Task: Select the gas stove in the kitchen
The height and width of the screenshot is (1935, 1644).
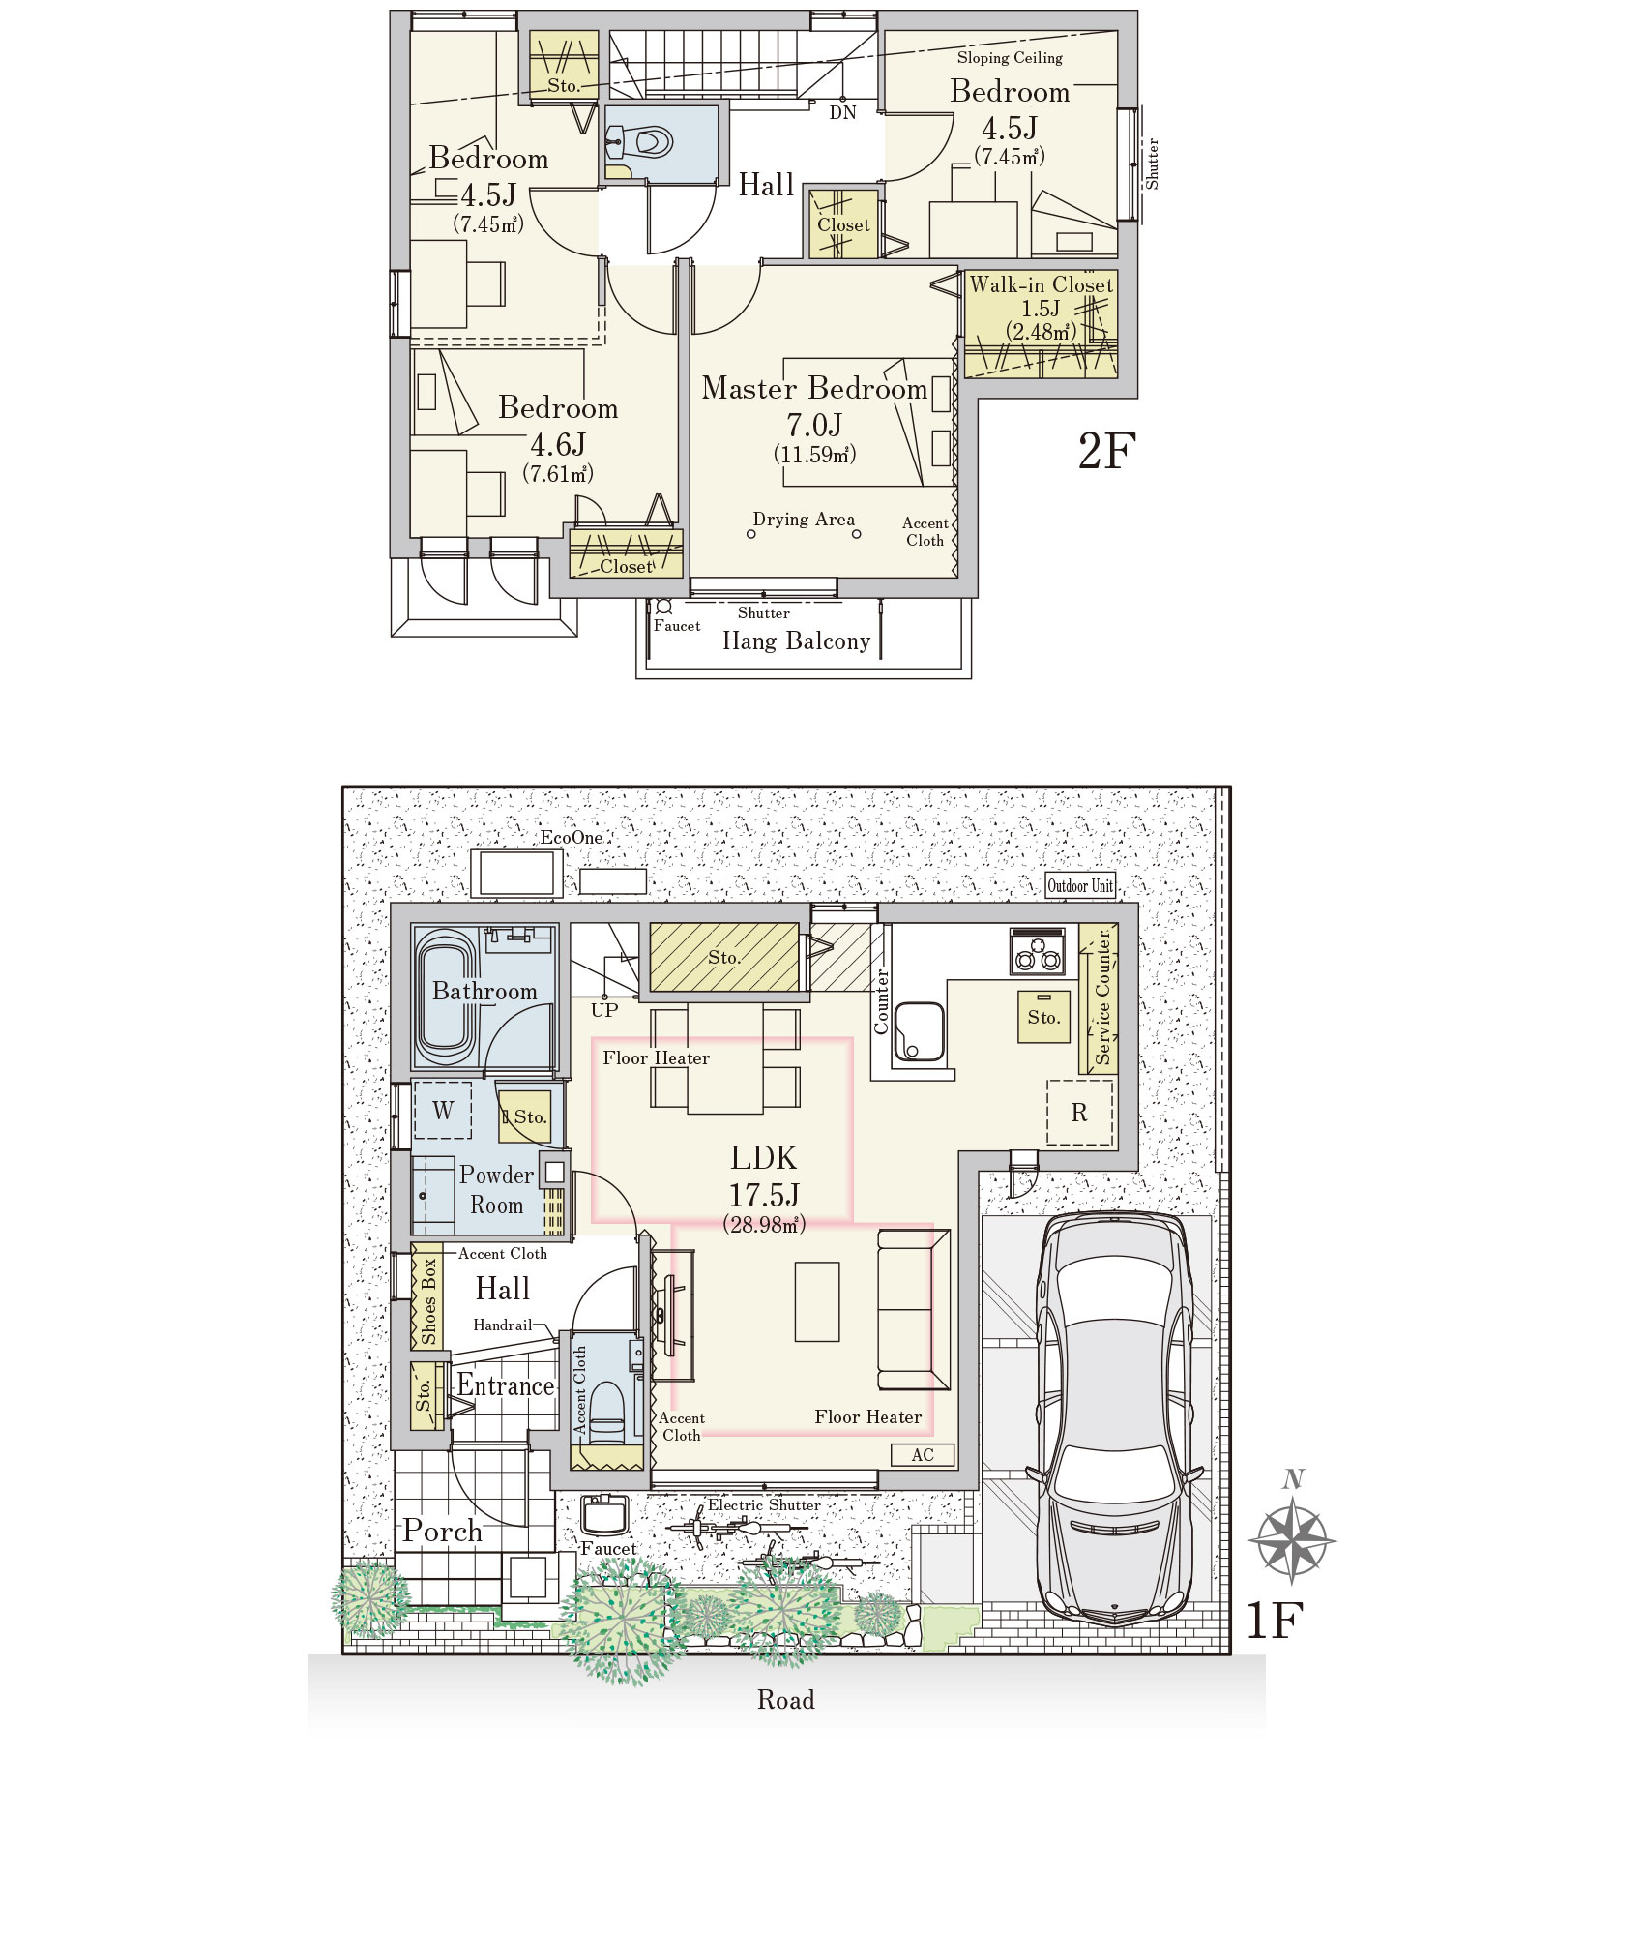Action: point(1038,950)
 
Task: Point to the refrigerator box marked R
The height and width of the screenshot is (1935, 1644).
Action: point(1080,1113)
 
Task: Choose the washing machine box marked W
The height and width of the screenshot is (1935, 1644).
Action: point(443,1111)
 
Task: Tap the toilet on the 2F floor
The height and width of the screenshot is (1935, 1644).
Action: point(642,143)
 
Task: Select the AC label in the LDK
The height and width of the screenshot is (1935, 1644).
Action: point(923,1454)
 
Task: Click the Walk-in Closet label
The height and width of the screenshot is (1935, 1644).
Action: point(1042,284)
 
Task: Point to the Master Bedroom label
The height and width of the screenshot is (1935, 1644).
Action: point(814,388)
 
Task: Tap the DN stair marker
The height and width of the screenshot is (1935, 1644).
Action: point(842,112)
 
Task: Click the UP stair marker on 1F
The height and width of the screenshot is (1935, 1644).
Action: point(604,1010)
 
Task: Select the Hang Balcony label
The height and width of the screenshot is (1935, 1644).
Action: point(796,640)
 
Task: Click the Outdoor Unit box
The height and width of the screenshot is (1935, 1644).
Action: point(1080,885)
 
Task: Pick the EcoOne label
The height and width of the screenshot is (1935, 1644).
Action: point(571,837)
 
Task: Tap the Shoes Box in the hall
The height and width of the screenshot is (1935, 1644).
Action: point(427,1297)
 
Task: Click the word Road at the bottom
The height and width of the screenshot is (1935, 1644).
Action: point(785,1700)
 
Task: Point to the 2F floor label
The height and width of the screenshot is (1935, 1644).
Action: point(1106,451)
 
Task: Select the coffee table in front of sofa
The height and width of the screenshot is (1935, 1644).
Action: point(817,1301)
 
